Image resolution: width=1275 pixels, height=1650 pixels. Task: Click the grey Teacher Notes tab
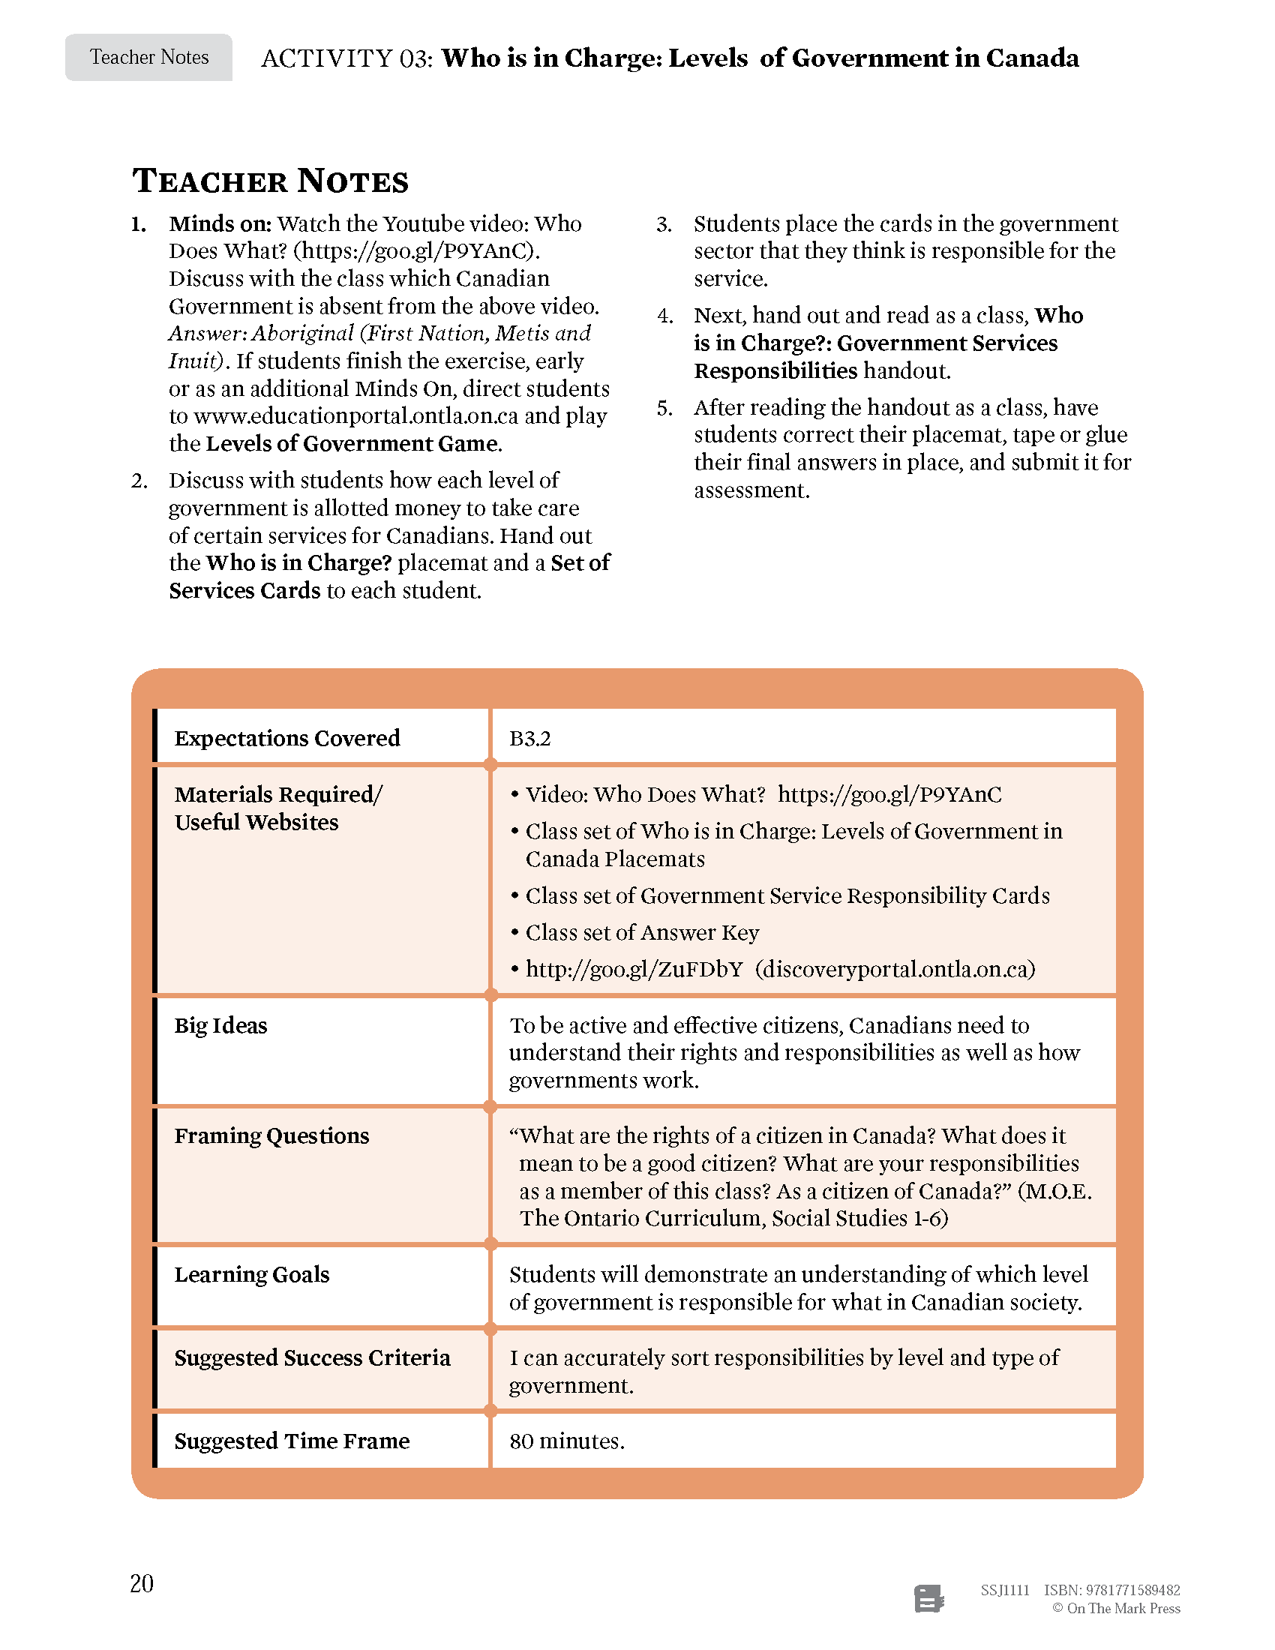click(148, 58)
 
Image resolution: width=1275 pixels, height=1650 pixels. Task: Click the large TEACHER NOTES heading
click(271, 181)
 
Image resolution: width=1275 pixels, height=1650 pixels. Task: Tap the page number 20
click(141, 1582)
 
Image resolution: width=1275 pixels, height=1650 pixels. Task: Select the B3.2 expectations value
click(529, 738)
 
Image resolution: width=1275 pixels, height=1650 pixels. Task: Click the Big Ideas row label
click(220, 1025)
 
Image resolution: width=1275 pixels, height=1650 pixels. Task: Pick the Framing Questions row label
click(271, 1135)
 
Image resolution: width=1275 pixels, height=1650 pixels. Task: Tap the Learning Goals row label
click(251, 1274)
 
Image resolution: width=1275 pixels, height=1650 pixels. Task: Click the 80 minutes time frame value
click(566, 1441)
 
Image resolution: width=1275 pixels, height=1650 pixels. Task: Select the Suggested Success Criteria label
click(312, 1357)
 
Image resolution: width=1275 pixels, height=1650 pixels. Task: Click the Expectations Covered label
click(287, 738)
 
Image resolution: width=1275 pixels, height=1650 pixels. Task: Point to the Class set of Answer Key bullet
click(641, 932)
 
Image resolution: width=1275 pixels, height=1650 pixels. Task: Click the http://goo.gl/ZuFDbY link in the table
click(634, 968)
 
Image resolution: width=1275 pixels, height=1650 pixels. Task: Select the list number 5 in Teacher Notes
click(664, 408)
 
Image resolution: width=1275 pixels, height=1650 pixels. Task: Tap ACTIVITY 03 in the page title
click(346, 58)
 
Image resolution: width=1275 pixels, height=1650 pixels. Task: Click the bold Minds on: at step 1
click(220, 223)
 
